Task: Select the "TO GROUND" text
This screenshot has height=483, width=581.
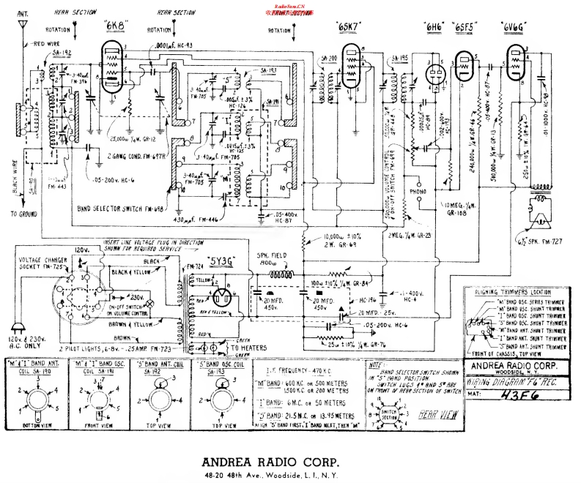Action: point(24,214)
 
